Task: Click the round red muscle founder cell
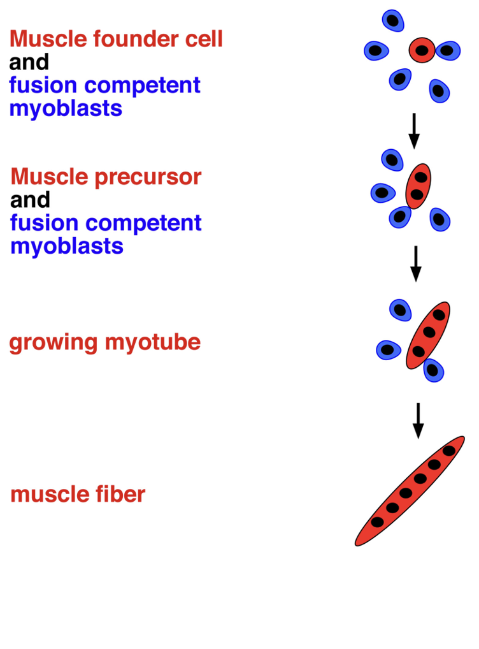[x=422, y=50]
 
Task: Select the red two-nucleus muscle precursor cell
[x=418, y=186]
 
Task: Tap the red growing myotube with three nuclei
[x=428, y=334]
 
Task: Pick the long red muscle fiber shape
[x=410, y=491]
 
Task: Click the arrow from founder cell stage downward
[x=414, y=130]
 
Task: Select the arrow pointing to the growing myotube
[x=415, y=263]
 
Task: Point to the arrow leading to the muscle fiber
[x=418, y=419]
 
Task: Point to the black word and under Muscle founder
[x=29, y=62]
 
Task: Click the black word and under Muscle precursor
[x=30, y=200]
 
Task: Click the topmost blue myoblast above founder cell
[x=393, y=20]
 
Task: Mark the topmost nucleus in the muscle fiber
[x=449, y=451]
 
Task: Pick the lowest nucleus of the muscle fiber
[x=378, y=522]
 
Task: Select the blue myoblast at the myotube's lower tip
[x=433, y=369]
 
